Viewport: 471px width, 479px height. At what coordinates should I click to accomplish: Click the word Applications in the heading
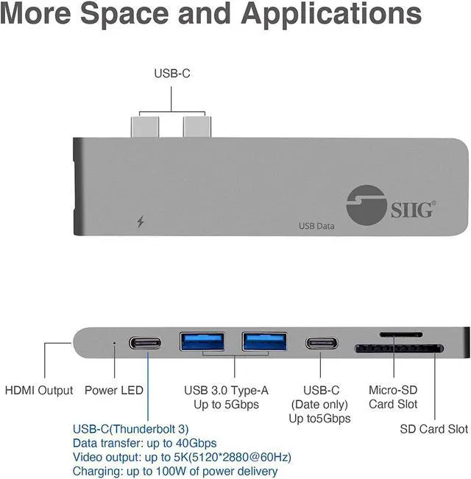coord(332,15)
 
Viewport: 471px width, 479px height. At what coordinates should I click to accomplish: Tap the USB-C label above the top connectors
coord(171,73)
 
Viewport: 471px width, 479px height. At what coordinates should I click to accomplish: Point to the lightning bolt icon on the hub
coord(141,221)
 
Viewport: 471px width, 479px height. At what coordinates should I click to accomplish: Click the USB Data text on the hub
coord(316,226)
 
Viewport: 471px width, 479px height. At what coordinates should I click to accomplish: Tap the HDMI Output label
coord(39,390)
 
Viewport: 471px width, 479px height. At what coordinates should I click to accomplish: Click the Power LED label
coord(113,390)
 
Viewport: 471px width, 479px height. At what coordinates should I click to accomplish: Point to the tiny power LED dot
coord(113,342)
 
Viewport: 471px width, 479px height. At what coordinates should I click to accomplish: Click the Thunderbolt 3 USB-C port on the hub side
coord(147,343)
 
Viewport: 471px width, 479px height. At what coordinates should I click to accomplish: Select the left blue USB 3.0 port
coord(202,342)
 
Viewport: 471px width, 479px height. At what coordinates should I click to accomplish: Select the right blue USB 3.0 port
coord(264,342)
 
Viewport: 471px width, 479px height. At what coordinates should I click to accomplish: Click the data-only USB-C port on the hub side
coord(322,343)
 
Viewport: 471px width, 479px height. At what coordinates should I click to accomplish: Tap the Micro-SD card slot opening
coord(400,335)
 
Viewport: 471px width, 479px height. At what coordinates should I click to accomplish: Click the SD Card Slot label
coord(433,429)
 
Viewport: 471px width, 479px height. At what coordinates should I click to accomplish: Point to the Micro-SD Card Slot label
coord(392,397)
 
